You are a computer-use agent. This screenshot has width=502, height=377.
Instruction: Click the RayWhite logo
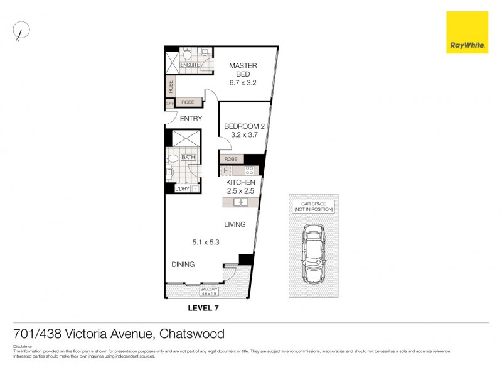[x=467, y=32]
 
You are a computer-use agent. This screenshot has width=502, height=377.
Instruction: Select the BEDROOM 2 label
[x=245, y=129]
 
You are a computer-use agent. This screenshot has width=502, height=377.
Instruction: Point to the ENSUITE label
[x=190, y=65]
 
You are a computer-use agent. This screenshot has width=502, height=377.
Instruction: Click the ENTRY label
[x=191, y=118]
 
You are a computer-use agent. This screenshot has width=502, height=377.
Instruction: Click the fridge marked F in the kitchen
[x=226, y=170]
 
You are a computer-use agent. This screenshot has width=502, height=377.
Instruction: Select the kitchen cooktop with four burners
[x=249, y=170]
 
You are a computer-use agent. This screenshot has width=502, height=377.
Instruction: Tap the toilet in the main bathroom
[x=174, y=159]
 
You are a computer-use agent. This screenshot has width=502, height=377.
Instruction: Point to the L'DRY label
[x=182, y=188]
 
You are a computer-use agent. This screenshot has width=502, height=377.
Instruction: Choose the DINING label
[x=183, y=265]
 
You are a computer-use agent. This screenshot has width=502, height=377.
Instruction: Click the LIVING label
[x=235, y=224]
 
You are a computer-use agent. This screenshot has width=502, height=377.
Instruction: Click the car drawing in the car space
[x=312, y=253]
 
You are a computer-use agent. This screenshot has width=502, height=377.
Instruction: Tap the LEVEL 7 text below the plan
[x=203, y=308]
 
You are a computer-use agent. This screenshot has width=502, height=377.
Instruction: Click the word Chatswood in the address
[x=192, y=334]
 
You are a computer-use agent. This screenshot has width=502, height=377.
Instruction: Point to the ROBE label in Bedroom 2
[x=231, y=160]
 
